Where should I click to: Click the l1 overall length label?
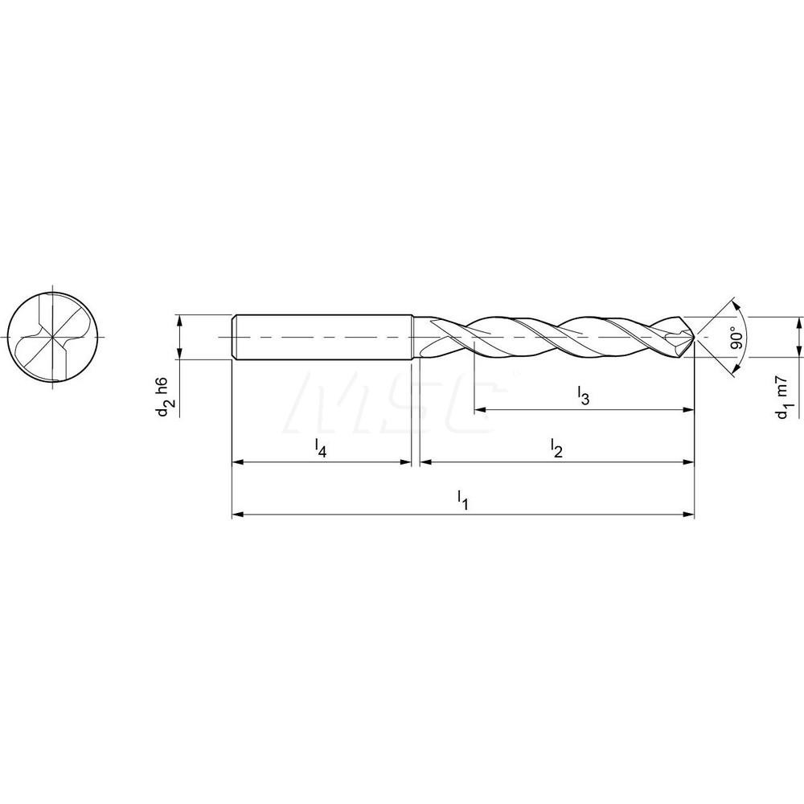462,500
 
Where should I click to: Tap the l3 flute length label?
584,396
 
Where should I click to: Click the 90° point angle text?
735,337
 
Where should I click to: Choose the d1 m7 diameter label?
781,400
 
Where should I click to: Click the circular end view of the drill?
52,337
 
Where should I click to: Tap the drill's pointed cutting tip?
692,336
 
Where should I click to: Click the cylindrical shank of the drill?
322,336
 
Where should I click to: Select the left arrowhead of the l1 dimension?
238,513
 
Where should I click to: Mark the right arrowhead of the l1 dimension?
688,513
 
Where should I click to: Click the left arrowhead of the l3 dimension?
480,410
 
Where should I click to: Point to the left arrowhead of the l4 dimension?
238,462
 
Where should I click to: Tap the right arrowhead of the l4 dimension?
407,462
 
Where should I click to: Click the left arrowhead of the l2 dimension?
427,462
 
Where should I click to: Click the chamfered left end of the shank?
235,336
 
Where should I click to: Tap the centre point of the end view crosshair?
52,337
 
